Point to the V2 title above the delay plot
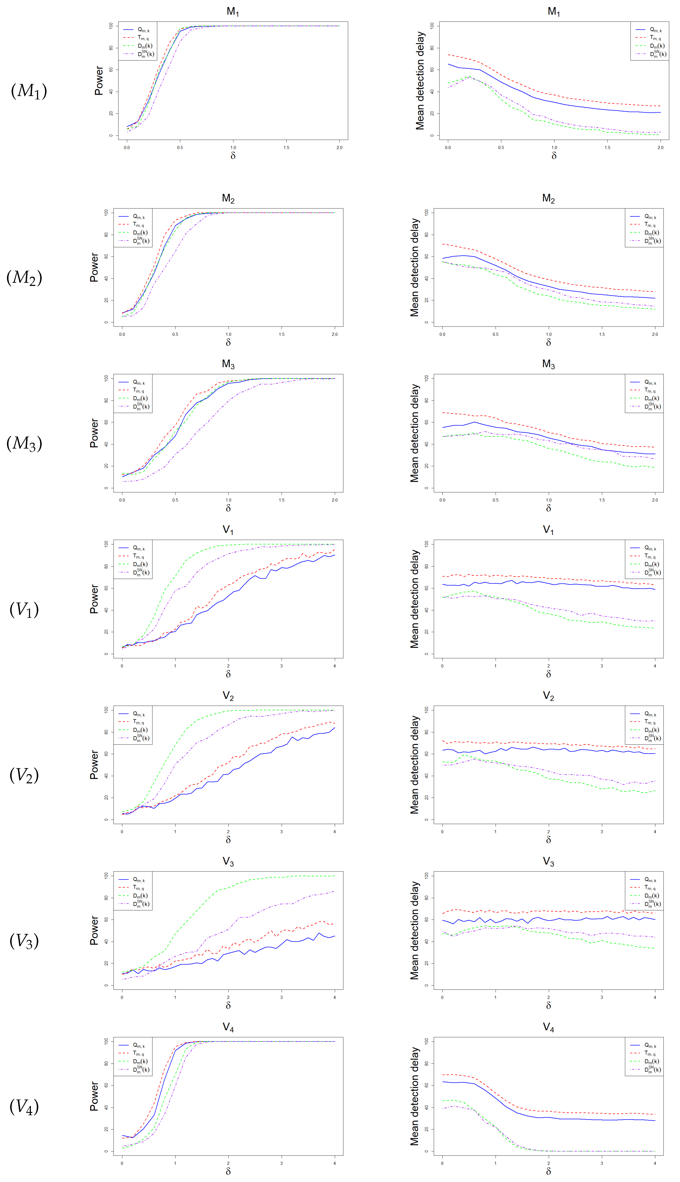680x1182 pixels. click(548, 696)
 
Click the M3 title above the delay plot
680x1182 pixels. click(548, 364)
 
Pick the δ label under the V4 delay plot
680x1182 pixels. click(548, 1171)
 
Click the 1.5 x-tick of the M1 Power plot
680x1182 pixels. click(286, 148)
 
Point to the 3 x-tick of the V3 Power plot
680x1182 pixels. click(281, 998)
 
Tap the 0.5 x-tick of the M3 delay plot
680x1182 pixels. click(496, 500)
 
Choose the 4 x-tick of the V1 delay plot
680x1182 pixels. click(655, 666)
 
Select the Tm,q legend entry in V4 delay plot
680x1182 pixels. click(650, 1053)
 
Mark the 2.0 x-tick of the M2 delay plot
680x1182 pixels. click(655, 334)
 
